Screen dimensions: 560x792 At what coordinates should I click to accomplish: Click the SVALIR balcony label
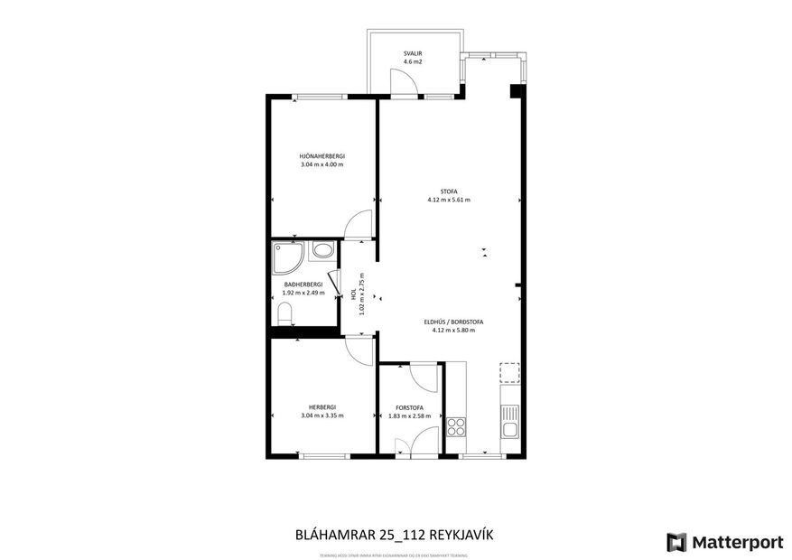(x=413, y=54)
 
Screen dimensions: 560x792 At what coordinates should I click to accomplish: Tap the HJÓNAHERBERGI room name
(x=322, y=156)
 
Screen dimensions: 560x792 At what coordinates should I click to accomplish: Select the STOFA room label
(x=449, y=191)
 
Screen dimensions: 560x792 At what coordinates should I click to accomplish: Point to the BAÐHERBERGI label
(x=303, y=285)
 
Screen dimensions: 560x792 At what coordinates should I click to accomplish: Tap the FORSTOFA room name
(x=412, y=407)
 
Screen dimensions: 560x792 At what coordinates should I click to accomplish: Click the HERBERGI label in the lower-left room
(x=322, y=406)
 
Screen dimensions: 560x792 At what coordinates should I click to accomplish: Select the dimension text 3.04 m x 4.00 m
(x=322, y=164)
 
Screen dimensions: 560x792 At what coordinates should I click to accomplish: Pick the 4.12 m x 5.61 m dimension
(x=449, y=200)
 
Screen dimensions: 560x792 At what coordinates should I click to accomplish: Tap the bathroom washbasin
(x=322, y=252)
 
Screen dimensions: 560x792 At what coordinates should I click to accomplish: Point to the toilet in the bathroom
(x=284, y=314)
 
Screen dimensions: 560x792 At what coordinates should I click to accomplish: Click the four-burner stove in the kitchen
(x=456, y=426)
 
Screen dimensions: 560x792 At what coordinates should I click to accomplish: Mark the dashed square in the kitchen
(x=510, y=373)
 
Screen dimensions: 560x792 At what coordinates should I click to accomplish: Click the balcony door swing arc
(x=405, y=81)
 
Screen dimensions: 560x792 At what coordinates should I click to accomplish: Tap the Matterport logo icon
(x=676, y=542)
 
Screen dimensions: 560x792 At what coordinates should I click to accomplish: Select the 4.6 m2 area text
(x=413, y=62)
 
